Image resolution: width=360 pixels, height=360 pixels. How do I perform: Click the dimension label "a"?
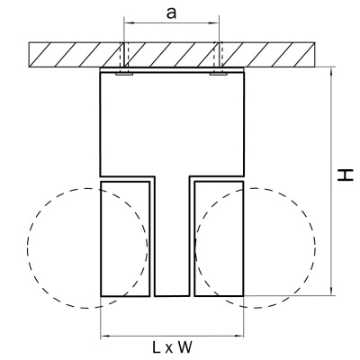tap(171, 13)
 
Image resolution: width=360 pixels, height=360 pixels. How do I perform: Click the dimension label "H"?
tap(345, 175)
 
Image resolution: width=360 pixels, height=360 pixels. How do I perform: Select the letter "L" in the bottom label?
tap(157, 347)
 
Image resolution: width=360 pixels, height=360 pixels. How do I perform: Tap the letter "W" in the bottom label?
tap(184, 347)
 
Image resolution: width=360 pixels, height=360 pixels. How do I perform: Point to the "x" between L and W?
tap(169, 349)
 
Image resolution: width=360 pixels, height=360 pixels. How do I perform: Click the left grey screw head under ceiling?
tap(124, 73)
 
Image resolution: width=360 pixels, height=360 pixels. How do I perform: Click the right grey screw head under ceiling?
tap(219, 73)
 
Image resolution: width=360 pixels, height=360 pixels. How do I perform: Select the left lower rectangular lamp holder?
tap(125, 238)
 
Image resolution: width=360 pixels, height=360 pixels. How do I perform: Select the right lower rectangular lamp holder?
tap(219, 238)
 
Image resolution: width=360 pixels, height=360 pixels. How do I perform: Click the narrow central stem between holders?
tap(172, 236)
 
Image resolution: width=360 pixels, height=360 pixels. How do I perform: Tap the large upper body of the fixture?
tap(172, 124)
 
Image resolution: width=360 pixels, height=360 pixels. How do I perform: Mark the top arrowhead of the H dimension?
tap(331, 70)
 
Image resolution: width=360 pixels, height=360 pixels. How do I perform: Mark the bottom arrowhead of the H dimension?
tap(331, 292)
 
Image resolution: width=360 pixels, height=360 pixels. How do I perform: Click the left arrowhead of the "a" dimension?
tap(128, 22)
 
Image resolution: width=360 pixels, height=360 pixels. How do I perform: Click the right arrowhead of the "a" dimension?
tap(215, 22)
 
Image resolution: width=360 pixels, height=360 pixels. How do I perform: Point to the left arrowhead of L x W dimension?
tap(104, 336)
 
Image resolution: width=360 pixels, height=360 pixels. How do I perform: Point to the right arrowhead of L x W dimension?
tap(239, 336)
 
